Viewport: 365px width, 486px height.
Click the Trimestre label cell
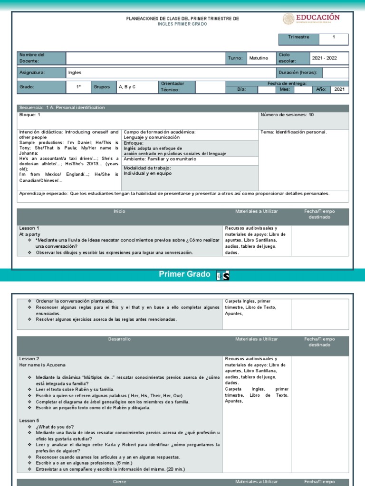[x=298, y=37]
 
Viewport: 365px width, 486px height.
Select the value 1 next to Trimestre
[x=334, y=37]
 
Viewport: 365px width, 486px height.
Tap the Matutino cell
[x=259, y=58]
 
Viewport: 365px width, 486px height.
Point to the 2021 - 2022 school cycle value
[x=324, y=58]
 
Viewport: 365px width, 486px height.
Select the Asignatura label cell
[x=32, y=73]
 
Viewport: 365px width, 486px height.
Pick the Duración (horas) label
[x=298, y=73]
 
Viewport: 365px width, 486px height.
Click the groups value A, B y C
[x=127, y=87]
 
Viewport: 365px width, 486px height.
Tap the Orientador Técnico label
[x=172, y=86]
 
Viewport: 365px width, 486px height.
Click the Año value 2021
[x=339, y=89]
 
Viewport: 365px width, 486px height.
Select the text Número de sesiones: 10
[x=287, y=115]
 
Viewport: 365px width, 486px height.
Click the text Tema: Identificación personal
[x=294, y=132]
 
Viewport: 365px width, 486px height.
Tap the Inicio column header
[x=119, y=211]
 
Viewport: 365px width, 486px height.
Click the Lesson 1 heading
[x=29, y=228]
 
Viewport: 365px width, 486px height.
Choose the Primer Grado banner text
[x=184, y=275]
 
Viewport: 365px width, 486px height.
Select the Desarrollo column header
[x=119, y=339]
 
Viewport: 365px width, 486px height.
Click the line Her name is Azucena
[x=42, y=364]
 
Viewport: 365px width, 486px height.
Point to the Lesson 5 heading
[x=29, y=421]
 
